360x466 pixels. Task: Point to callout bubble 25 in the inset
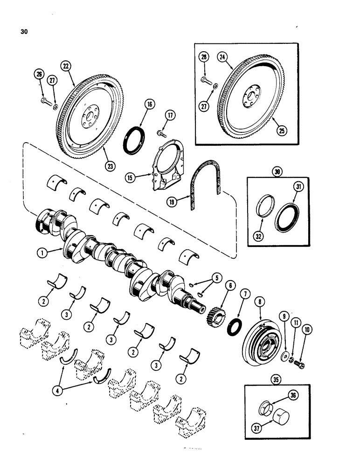click(x=280, y=129)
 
